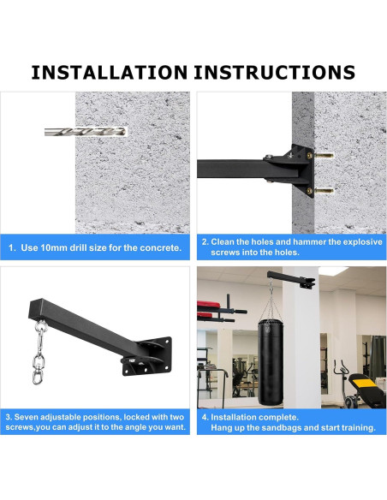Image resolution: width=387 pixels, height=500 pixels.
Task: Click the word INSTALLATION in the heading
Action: pyautogui.click(x=110, y=73)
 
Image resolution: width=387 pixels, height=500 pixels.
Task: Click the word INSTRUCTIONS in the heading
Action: pyautogui.click(x=275, y=73)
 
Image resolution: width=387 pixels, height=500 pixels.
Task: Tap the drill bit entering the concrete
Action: pyautogui.click(x=86, y=132)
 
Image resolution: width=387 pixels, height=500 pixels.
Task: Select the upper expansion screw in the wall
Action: pyautogui.click(x=324, y=156)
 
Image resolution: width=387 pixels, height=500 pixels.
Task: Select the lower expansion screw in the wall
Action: pyautogui.click(x=324, y=191)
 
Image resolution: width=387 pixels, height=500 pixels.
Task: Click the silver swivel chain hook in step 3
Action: pyautogui.click(x=39, y=353)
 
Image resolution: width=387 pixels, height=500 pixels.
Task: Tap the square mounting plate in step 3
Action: pyautogui.click(x=148, y=356)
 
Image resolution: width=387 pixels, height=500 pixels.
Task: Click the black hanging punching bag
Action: pyautogui.click(x=271, y=362)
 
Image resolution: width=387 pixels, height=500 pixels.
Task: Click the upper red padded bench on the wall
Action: pyautogui.click(x=209, y=305)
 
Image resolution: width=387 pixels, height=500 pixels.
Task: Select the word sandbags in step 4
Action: pyautogui.click(x=280, y=427)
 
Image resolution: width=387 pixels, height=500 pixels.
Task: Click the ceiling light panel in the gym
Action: pyautogui.click(x=333, y=271)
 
